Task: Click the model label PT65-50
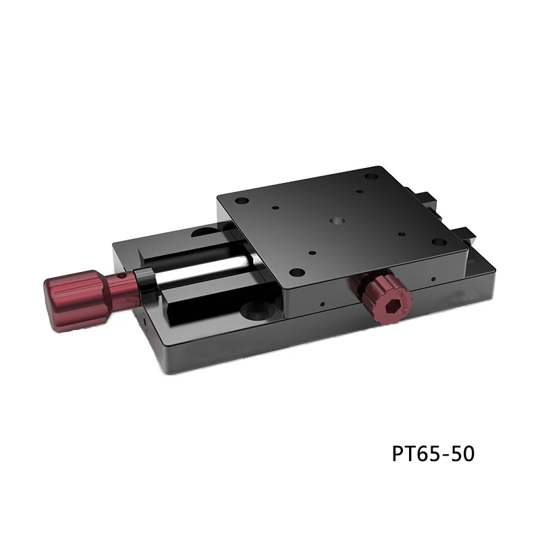[x=433, y=454]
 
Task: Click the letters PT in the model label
[x=402, y=454]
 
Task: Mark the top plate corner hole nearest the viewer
[x=296, y=273]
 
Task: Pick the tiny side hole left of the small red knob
[x=323, y=302]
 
